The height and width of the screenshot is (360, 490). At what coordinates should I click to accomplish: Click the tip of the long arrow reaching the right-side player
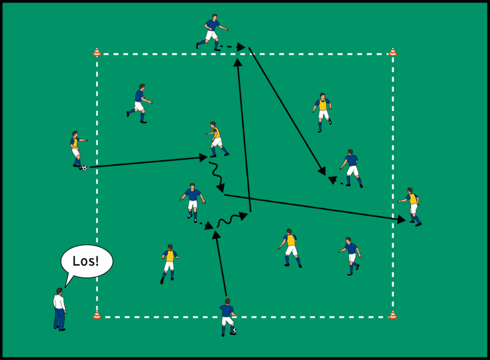click(x=405, y=221)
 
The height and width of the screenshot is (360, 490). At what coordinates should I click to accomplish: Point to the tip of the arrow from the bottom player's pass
click(x=215, y=230)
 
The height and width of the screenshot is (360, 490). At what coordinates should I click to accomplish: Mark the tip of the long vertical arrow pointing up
click(x=238, y=58)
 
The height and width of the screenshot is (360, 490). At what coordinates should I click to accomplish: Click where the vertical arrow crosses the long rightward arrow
click(x=249, y=199)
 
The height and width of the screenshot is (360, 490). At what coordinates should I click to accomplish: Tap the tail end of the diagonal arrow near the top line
click(x=249, y=48)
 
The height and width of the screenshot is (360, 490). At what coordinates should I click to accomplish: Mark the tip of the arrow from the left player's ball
click(x=208, y=157)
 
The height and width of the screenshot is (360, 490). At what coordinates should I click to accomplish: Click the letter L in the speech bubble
click(x=76, y=261)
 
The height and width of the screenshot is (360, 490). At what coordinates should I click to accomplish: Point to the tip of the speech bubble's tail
click(x=65, y=287)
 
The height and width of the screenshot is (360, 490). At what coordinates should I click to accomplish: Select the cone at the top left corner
click(x=97, y=52)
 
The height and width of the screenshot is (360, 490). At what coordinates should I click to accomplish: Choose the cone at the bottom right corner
click(x=393, y=314)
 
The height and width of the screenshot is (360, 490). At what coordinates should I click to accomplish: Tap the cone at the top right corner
click(x=393, y=52)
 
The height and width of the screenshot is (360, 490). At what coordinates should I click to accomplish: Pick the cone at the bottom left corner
click(x=97, y=314)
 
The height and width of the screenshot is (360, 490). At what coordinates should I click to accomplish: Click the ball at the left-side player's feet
click(x=85, y=168)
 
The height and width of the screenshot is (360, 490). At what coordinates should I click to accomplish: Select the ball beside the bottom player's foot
click(x=234, y=331)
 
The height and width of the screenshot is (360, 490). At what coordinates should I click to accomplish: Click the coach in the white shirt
click(x=59, y=309)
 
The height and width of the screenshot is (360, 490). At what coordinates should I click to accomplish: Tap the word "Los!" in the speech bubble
click(x=86, y=261)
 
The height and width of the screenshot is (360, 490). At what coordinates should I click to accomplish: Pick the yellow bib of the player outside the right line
click(x=413, y=199)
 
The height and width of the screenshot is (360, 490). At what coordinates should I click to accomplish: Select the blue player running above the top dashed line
click(x=212, y=32)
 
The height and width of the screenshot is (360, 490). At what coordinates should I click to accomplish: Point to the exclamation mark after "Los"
click(x=97, y=261)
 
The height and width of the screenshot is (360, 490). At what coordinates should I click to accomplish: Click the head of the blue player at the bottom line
click(x=227, y=302)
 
